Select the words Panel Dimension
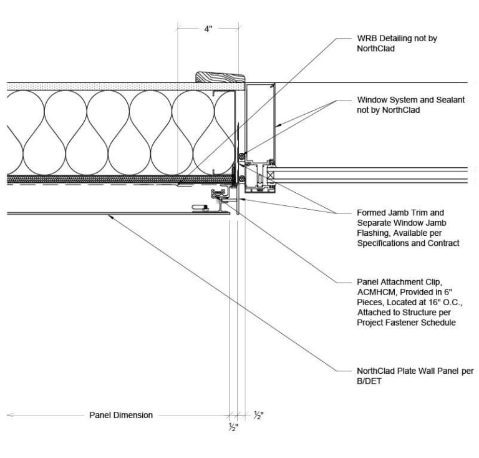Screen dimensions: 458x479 click(121, 415)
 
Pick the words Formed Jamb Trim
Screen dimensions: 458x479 click(390, 212)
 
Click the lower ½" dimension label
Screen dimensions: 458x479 click(233, 427)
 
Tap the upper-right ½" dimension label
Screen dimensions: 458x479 click(258, 415)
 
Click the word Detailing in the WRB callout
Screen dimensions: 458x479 click(397, 39)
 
